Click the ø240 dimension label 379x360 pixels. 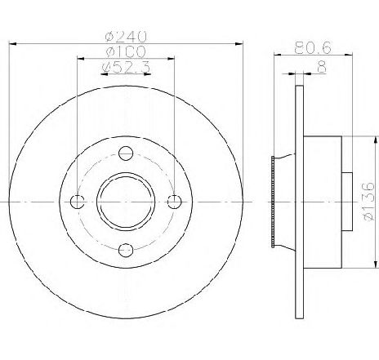point(126,36)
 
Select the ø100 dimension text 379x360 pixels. point(126,51)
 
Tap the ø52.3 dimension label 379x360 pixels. point(126,67)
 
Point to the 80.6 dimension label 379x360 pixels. point(313,47)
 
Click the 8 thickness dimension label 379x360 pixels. point(322,67)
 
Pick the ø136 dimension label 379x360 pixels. point(369,202)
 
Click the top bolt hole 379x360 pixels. point(126,153)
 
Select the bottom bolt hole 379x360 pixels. point(126,250)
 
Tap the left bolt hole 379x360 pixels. point(78,202)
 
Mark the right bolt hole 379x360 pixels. point(174,202)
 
